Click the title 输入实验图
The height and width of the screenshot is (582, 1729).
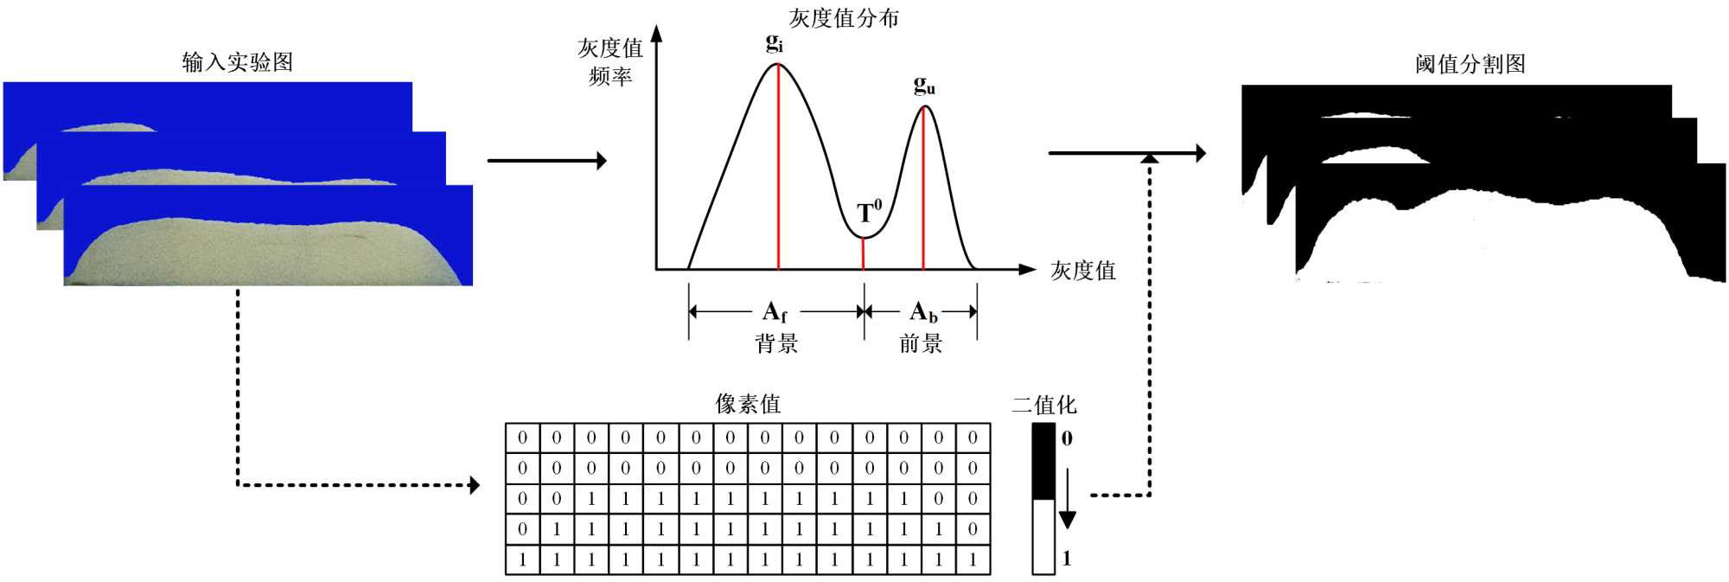[237, 62]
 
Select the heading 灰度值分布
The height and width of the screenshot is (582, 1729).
[843, 18]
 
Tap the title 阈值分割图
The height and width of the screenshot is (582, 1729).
[1470, 64]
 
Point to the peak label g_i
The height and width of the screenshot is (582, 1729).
[775, 42]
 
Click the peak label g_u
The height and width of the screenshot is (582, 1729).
[924, 85]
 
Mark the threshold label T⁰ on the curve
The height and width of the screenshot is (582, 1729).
[869, 211]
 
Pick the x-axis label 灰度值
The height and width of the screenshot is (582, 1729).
[1082, 271]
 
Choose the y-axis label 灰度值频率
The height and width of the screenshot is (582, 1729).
[610, 61]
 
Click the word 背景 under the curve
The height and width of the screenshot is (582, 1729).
[776, 343]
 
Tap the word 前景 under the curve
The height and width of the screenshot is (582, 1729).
[921, 343]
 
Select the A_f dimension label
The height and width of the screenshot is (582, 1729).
[775, 311]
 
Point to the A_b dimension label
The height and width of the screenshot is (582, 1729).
[923, 311]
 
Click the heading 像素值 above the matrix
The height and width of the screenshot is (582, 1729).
[748, 404]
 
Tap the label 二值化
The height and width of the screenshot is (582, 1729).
[1044, 405]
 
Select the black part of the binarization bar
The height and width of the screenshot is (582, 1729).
[1043, 461]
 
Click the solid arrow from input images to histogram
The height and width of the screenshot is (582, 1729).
[546, 160]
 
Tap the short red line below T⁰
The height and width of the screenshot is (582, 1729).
[863, 253]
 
